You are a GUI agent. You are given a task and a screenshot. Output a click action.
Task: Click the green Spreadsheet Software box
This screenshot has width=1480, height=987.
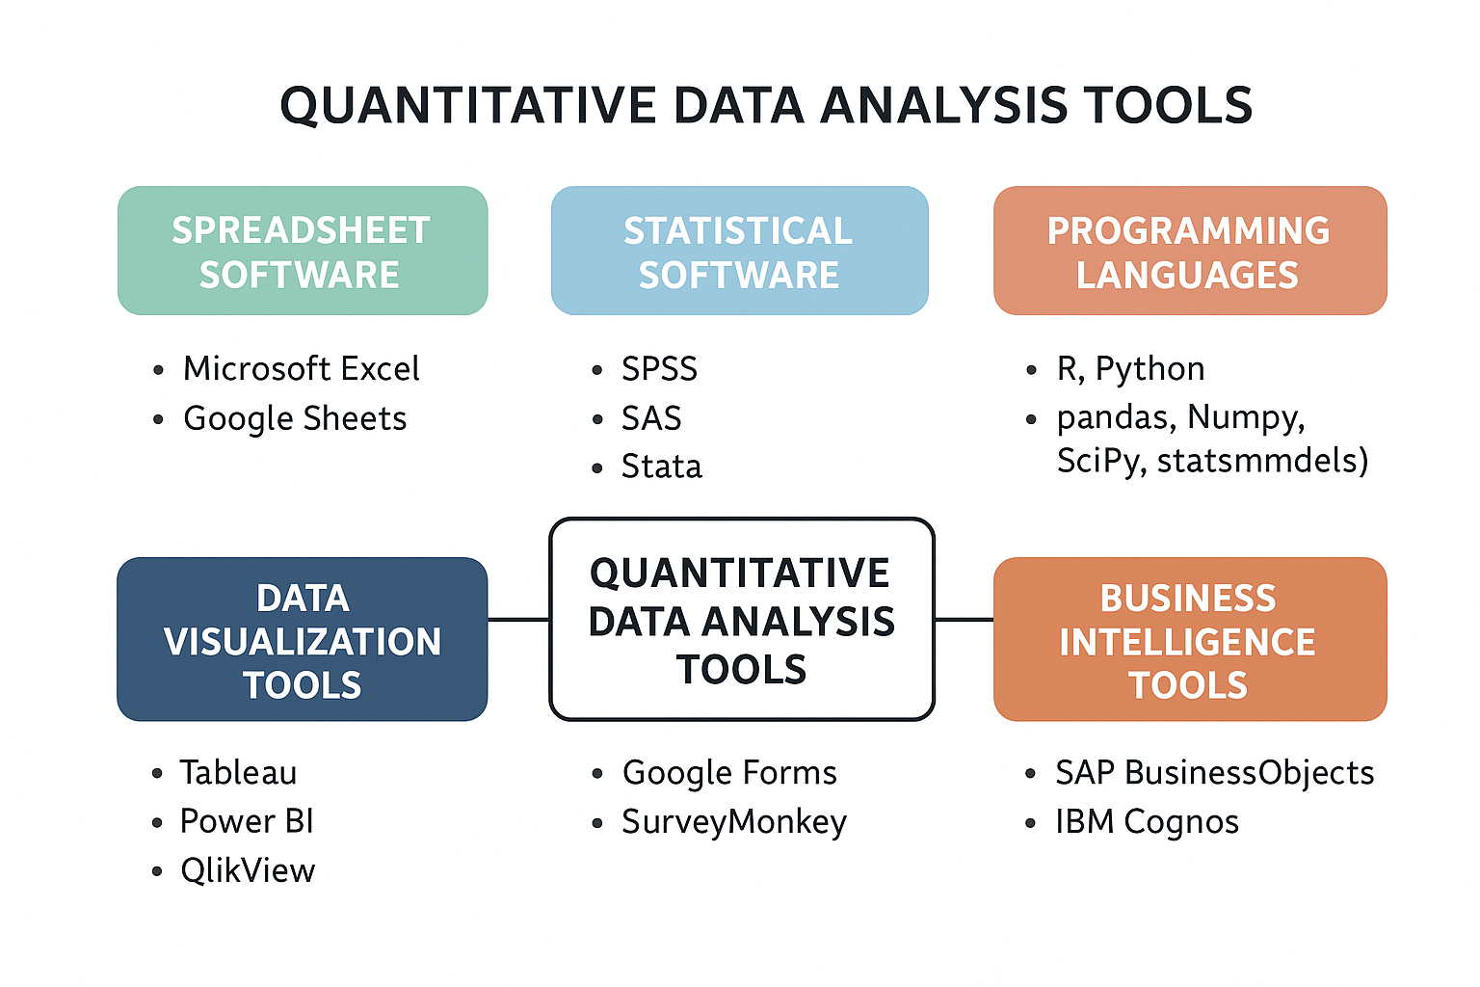coord(303,251)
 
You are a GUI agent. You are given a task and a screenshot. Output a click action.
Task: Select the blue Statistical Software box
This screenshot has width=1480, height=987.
coord(739,251)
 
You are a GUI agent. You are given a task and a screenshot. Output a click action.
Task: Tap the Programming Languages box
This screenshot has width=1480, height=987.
coord(1189,251)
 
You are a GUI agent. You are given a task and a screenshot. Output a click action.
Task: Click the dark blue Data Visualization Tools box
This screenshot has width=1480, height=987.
coord(303,639)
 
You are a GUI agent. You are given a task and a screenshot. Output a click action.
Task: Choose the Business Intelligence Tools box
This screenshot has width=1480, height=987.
coord(1189,639)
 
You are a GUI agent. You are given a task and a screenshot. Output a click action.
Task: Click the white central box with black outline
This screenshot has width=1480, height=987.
coord(741,620)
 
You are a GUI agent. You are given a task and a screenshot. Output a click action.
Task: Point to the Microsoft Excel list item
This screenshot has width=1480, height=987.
coord(301,368)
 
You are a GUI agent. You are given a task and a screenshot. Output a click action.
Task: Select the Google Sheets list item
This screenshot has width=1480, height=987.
coord(295,418)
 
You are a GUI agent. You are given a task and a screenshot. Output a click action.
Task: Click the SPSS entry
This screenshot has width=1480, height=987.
coord(659,368)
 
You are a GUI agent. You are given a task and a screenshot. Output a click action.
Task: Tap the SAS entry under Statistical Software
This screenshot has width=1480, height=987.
coord(651,418)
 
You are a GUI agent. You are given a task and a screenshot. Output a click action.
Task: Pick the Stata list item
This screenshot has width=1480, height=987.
coord(661,467)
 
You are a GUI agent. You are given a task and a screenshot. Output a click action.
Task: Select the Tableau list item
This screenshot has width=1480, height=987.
coord(238,772)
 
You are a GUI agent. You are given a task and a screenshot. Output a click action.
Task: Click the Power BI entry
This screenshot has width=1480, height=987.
coord(247,821)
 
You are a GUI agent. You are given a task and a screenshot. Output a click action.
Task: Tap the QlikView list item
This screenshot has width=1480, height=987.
coord(248,870)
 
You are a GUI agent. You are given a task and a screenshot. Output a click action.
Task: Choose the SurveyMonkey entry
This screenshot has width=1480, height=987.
coord(734,821)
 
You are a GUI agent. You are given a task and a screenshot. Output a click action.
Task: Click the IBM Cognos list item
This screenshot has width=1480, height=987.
coord(1147,821)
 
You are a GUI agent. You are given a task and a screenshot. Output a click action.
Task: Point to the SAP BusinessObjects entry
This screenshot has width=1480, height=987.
coord(1214,772)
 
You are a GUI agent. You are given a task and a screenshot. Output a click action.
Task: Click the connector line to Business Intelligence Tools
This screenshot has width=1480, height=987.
coord(964,620)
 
